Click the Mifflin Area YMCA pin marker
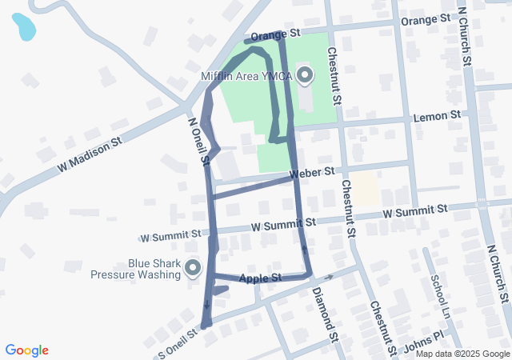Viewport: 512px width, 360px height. tap(304, 76)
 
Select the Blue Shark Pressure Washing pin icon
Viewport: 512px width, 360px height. tap(193, 267)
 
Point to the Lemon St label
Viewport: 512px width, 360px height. tap(437, 117)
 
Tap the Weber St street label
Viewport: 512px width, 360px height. tap(311, 173)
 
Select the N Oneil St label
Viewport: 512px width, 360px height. tap(198, 142)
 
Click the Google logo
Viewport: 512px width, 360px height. tap(27, 350)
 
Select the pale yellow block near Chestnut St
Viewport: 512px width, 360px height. tap(366, 190)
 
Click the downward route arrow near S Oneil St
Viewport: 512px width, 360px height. tap(206, 303)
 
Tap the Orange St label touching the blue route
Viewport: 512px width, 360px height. tap(274, 35)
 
